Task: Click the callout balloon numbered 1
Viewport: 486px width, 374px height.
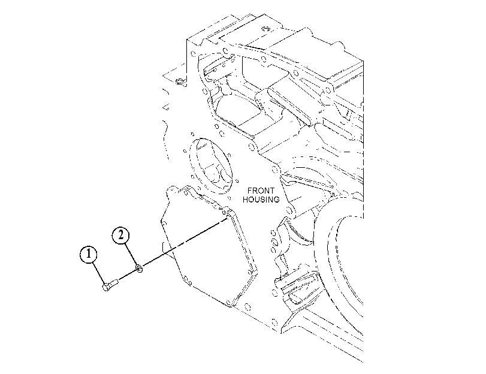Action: (88, 254)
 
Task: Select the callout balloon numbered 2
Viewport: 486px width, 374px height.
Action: (120, 235)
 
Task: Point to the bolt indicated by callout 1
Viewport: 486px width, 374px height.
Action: (110, 285)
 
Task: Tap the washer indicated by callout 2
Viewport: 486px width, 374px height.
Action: (139, 269)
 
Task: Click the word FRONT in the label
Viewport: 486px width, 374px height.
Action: (261, 191)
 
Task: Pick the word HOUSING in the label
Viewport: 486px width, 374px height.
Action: (261, 200)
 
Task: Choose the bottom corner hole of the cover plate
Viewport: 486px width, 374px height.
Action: (229, 301)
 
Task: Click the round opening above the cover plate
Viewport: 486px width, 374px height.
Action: (212, 166)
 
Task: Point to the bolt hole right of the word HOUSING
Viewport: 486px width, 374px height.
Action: (290, 211)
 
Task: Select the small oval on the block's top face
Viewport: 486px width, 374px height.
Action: (265, 29)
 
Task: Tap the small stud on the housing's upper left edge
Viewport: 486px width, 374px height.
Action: (180, 82)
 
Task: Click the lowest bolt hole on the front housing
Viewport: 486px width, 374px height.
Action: (274, 321)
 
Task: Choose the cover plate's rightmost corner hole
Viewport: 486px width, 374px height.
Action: (250, 272)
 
